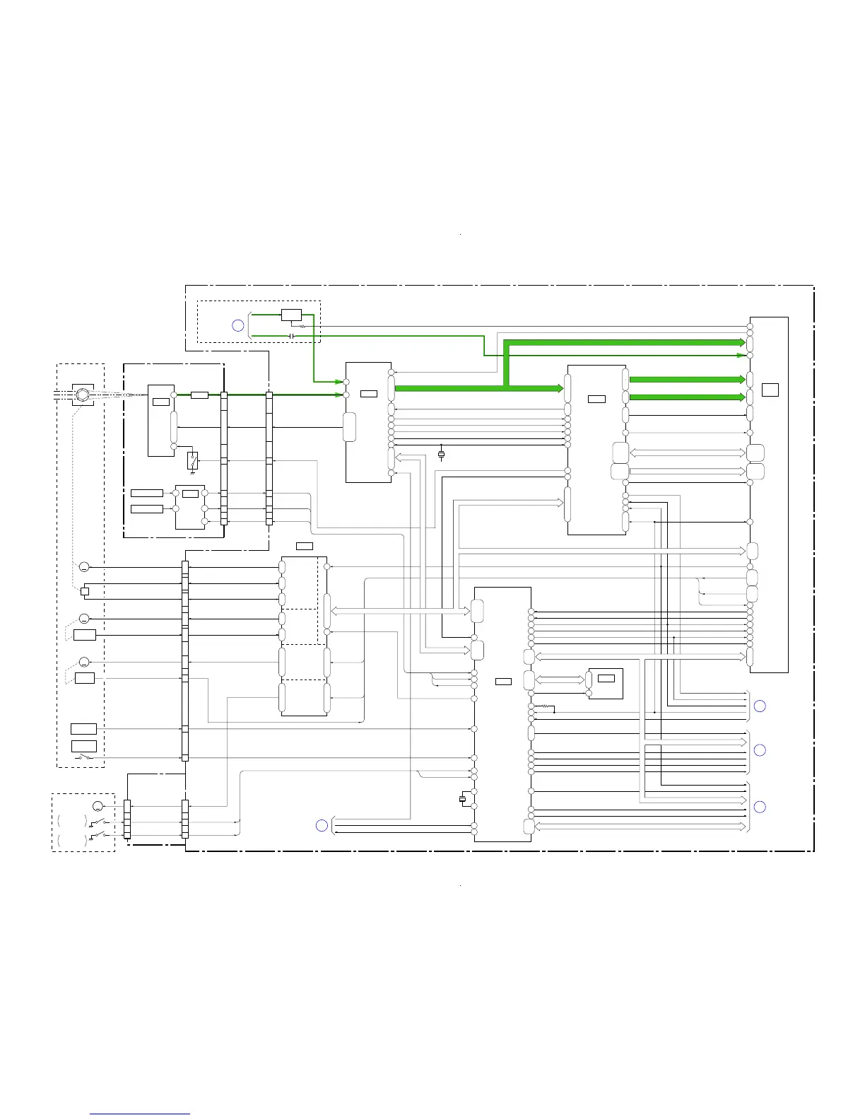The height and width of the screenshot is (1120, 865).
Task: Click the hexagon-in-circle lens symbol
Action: [x=83, y=395]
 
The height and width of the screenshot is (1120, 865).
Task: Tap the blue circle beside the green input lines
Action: [x=238, y=325]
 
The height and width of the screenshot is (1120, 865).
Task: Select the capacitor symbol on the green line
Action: [x=292, y=335]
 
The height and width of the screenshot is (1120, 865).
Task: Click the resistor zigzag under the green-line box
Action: [x=302, y=327]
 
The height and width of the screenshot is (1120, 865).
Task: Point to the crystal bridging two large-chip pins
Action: [x=463, y=799]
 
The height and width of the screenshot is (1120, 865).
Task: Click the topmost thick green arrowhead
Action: [x=741, y=342]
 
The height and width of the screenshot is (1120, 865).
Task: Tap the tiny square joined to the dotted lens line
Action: [x=84, y=591]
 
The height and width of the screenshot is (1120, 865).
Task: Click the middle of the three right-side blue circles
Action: [x=760, y=750]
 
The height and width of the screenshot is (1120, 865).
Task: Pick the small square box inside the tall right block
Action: [x=770, y=390]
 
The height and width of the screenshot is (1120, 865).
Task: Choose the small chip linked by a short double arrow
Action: [x=606, y=683]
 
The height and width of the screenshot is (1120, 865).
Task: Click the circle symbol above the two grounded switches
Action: [x=98, y=806]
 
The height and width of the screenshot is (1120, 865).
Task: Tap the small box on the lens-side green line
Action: [x=199, y=395]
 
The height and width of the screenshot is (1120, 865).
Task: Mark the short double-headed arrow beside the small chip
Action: [x=560, y=680]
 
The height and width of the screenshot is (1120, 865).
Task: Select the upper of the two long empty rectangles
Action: [x=147, y=493]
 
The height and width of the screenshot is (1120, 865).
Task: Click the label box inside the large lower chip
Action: [x=503, y=682]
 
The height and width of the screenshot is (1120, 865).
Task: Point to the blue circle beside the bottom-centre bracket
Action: [x=322, y=825]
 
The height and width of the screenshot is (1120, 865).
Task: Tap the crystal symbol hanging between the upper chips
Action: [x=442, y=455]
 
